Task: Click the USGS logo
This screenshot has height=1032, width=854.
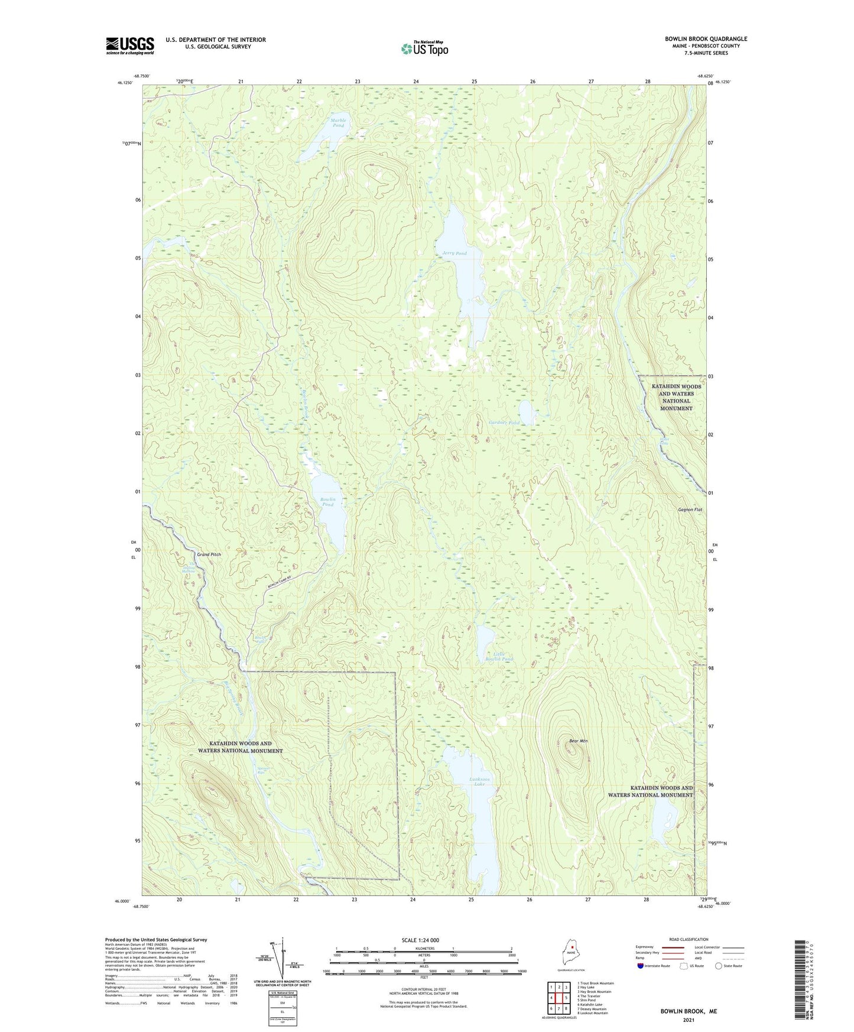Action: pos(130,46)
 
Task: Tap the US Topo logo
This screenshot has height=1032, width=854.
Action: pos(424,48)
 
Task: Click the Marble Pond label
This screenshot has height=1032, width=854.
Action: pos(338,122)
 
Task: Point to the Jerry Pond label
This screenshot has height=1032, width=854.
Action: pos(454,253)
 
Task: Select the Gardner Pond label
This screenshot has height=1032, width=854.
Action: pos(504,423)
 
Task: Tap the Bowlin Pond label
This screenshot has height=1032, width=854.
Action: pos(327,502)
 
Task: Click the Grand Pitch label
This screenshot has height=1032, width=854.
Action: pos(209,554)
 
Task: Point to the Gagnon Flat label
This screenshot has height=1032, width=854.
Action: pos(690,509)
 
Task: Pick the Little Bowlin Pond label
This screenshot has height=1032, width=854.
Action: pos(499,656)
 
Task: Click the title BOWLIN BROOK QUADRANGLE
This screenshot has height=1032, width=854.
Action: pos(706,39)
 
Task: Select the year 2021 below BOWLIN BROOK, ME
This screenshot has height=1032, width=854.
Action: pos(689,1020)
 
